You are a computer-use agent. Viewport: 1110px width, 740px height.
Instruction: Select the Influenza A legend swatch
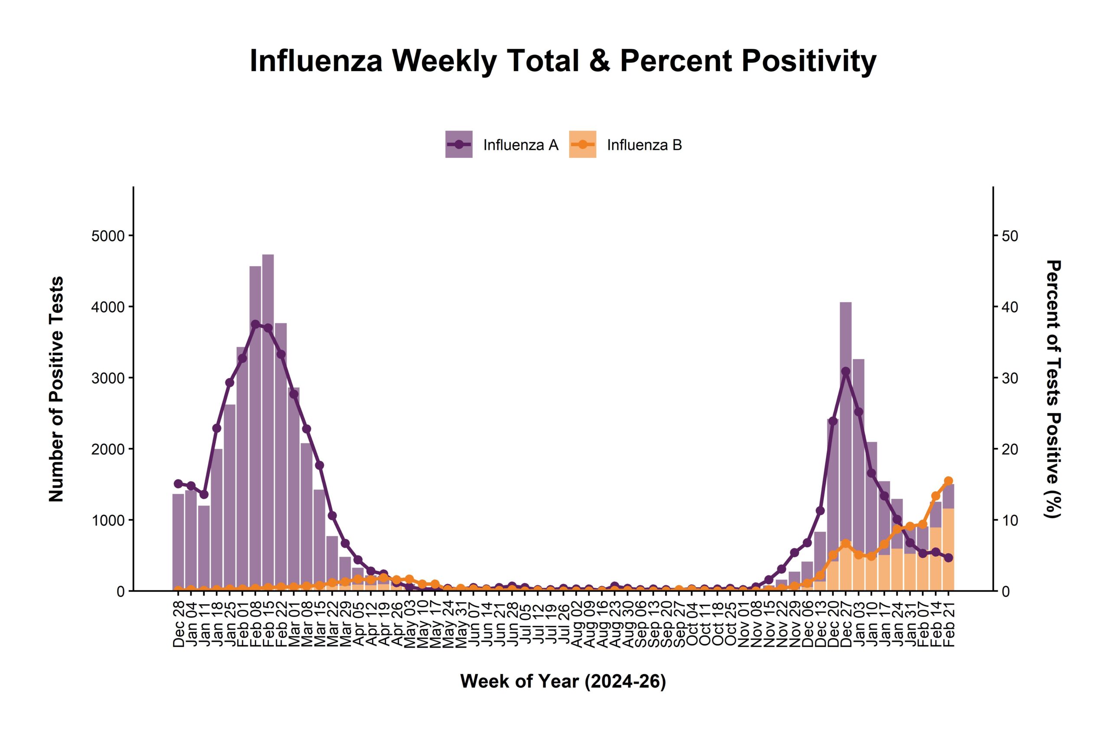click(x=459, y=144)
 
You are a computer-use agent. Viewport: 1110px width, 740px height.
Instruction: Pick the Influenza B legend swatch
click(x=582, y=144)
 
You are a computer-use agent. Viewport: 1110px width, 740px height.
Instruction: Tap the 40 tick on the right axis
click(x=1010, y=307)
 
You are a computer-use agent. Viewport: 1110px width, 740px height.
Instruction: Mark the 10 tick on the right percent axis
click(x=1010, y=520)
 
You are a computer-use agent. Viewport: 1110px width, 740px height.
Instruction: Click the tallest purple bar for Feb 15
click(x=268, y=425)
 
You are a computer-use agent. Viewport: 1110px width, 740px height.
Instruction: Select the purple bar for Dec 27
click(x=846, y=425)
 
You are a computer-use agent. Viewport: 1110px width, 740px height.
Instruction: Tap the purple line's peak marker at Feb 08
click(x=255, y=324)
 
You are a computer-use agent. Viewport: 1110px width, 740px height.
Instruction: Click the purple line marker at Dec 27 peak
click(x=846, y=372)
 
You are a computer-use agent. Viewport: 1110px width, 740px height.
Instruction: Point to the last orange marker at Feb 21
click(x=949, y=481)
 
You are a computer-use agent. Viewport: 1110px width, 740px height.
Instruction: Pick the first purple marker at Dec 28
click(x=178, y=484)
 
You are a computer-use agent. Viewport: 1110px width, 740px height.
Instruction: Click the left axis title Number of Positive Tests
click(x=56, y=389)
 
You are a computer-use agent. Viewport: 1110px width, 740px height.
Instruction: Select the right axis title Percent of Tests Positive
click(x=1053, y=389)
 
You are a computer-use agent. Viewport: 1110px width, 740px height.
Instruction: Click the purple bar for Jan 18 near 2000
click(x=217, y=519)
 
